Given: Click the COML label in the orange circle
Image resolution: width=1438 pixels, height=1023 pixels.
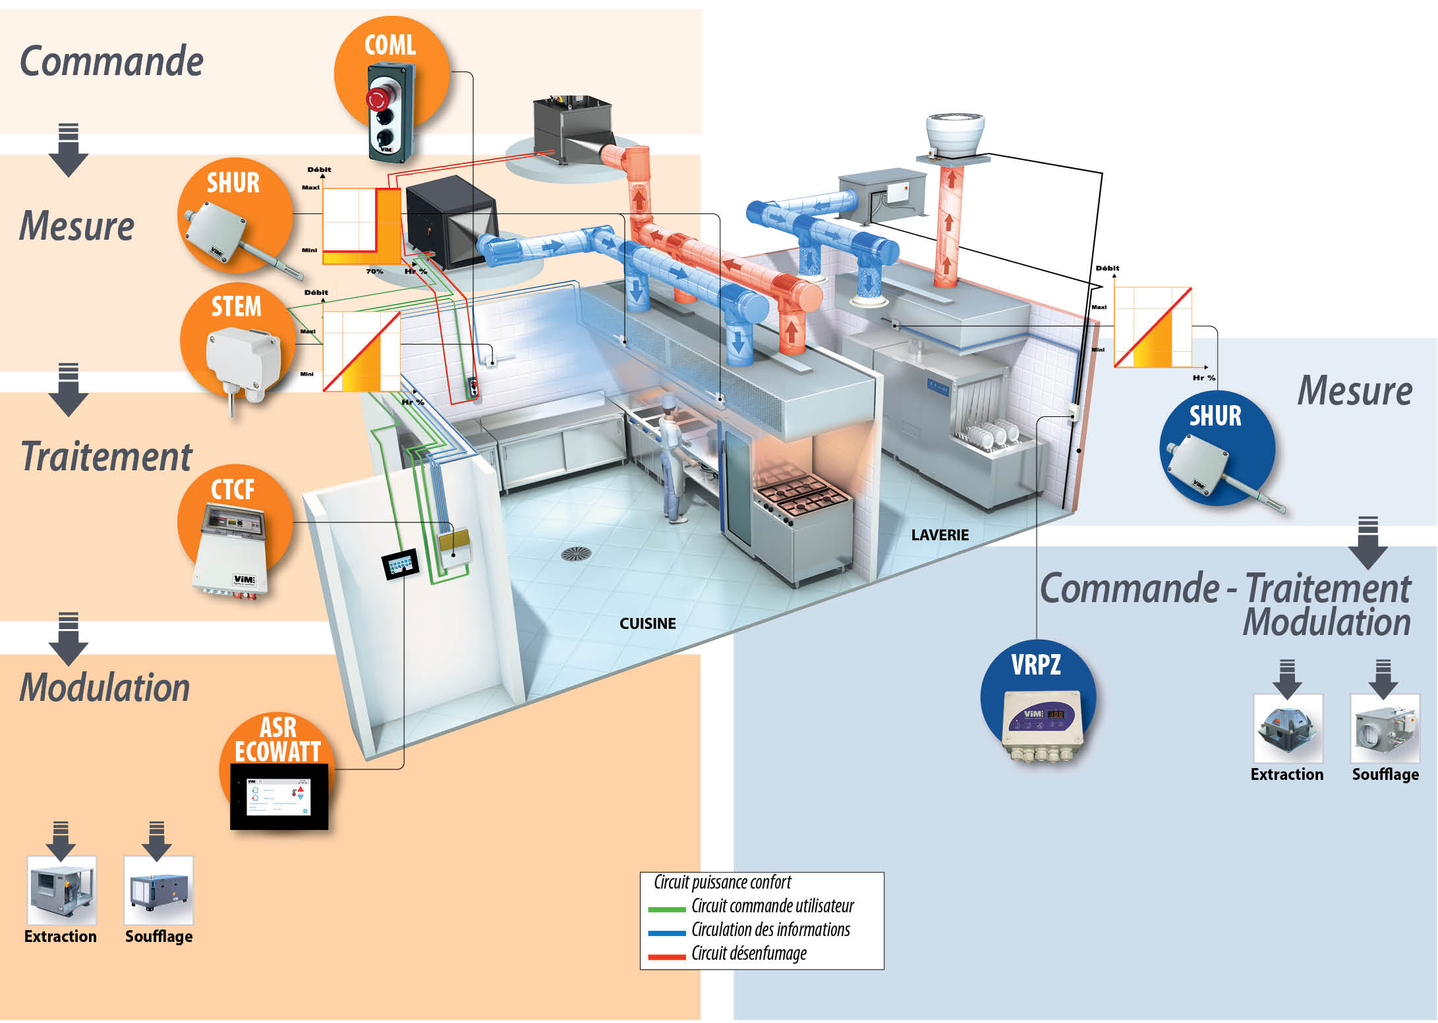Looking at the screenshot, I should point(390,45).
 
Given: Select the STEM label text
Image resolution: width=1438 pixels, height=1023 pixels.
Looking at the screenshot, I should point(236,307).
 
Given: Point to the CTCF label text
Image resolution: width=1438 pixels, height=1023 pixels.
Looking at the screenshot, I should point(233,489).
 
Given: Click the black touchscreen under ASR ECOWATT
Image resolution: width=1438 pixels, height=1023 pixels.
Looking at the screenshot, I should point(279,796).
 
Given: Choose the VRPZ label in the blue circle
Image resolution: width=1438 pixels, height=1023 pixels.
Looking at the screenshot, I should point(1036,665).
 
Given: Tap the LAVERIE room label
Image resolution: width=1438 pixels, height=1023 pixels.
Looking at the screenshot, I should point(940,535).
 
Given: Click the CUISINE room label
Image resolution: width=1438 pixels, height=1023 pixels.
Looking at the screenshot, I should point(647,623).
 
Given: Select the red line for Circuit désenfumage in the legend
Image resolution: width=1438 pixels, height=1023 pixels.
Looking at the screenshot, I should point(667,956).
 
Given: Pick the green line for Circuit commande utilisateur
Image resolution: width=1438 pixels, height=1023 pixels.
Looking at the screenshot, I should point(667,909).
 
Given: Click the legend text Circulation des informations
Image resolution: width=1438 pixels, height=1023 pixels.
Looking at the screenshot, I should point(770,929).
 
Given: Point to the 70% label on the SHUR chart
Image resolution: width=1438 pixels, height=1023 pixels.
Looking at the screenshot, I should point(374,271).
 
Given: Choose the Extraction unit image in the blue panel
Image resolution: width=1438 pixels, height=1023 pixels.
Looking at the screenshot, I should point(1288,729).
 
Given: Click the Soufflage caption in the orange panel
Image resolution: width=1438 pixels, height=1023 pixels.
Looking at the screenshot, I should point(159,936).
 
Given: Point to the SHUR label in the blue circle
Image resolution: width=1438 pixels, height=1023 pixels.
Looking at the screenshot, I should point(1215,416).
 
